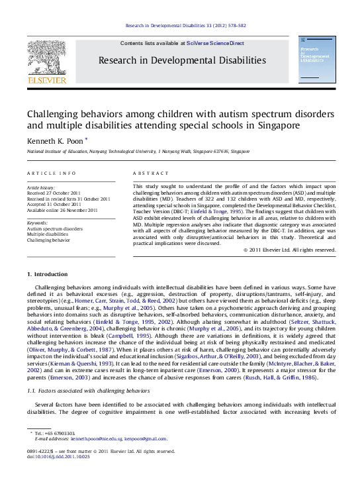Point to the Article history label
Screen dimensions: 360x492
[x=40, y=188]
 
